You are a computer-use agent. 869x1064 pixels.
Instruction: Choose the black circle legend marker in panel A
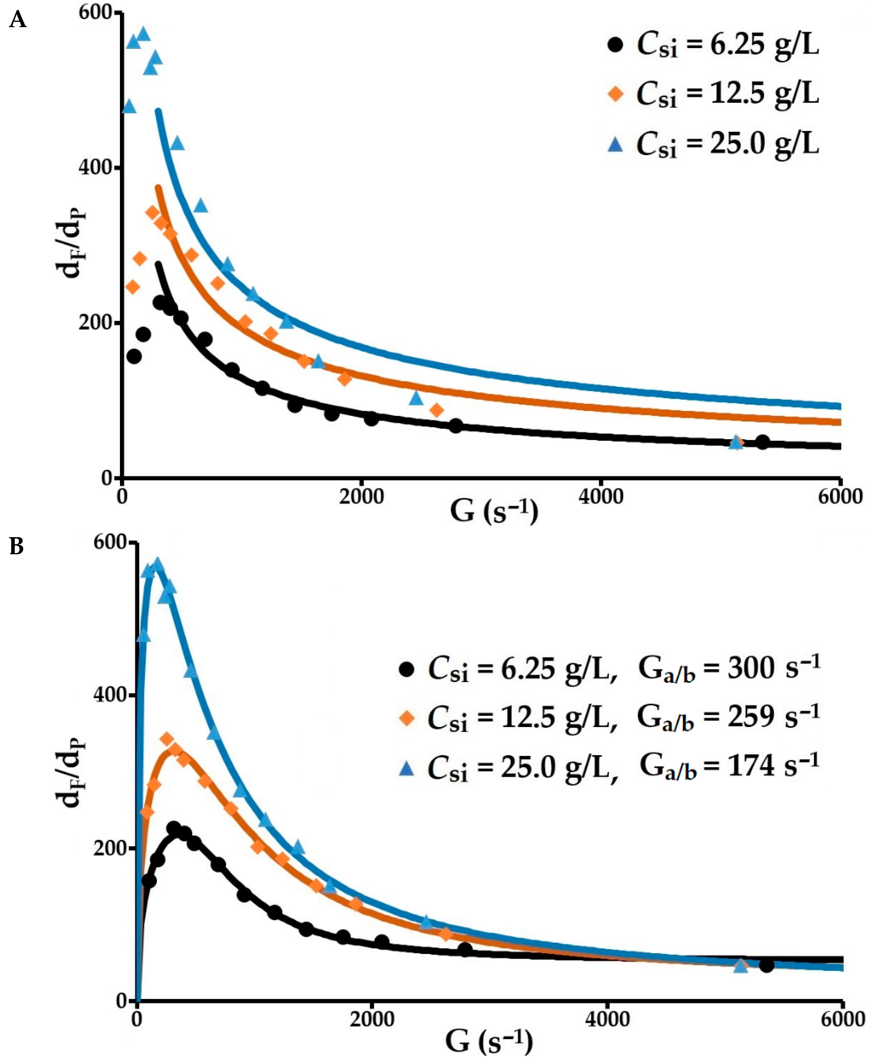pos(615,45)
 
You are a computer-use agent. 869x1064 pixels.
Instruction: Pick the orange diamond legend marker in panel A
pos(615,93)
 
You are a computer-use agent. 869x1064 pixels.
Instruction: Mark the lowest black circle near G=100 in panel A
pos(134,356)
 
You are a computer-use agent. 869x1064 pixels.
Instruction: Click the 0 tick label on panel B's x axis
pos(137,1019)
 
